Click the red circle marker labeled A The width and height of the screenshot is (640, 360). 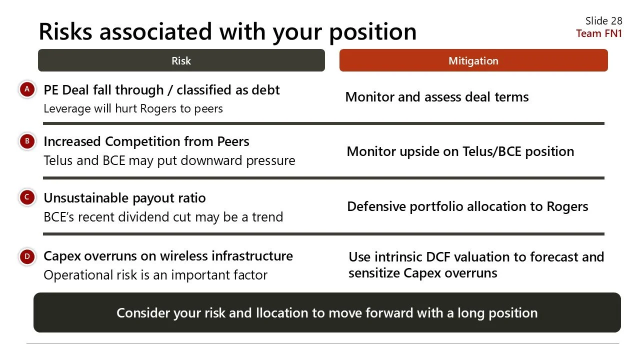[x=27, y=89]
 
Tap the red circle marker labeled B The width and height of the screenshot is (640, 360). [x=27, y=141]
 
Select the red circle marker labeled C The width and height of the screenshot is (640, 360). [x=27, y=197]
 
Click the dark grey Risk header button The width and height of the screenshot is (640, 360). [x=181, y=60]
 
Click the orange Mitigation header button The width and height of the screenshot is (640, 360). [x=473, y=60]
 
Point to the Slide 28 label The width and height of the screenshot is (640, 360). [x=603, y=21]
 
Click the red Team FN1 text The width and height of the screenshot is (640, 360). [x=598, y=33]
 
